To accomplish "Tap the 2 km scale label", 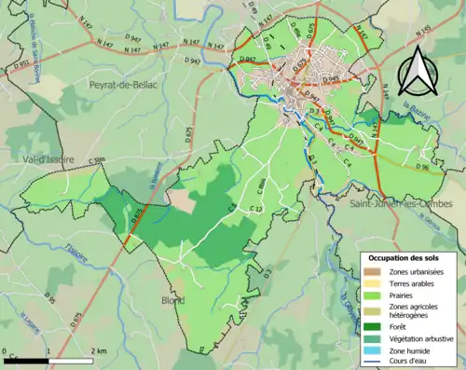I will point(101,350).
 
